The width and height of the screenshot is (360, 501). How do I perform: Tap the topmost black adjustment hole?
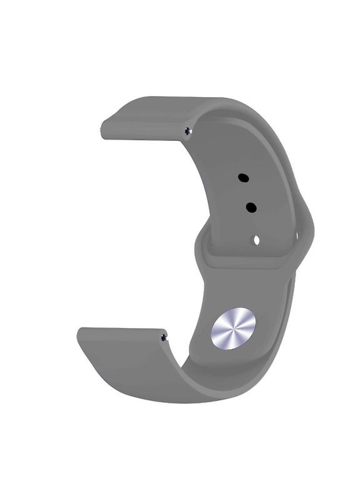244,178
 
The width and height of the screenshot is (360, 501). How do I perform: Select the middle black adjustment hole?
250,207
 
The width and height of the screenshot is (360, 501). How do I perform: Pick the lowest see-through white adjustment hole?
256,239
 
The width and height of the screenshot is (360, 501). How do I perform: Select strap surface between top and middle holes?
247,192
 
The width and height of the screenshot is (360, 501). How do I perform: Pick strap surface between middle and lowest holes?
254,223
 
